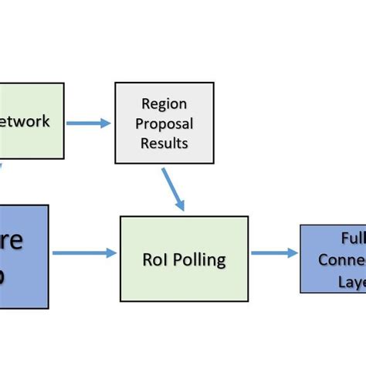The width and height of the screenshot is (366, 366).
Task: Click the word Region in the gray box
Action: tap(164, 103)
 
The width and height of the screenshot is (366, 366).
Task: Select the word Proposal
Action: tap(164, 124)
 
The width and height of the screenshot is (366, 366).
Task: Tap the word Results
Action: tap(164, 144)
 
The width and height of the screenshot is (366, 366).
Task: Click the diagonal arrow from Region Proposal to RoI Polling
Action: tap(174, 189)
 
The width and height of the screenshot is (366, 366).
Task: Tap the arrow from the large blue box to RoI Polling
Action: tap(83, 252)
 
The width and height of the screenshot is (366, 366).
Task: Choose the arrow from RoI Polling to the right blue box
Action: tap(274, 252)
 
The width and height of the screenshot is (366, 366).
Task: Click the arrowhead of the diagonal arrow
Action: tap(181, 205)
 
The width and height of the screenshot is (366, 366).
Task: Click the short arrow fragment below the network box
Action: tap(2, 165)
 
